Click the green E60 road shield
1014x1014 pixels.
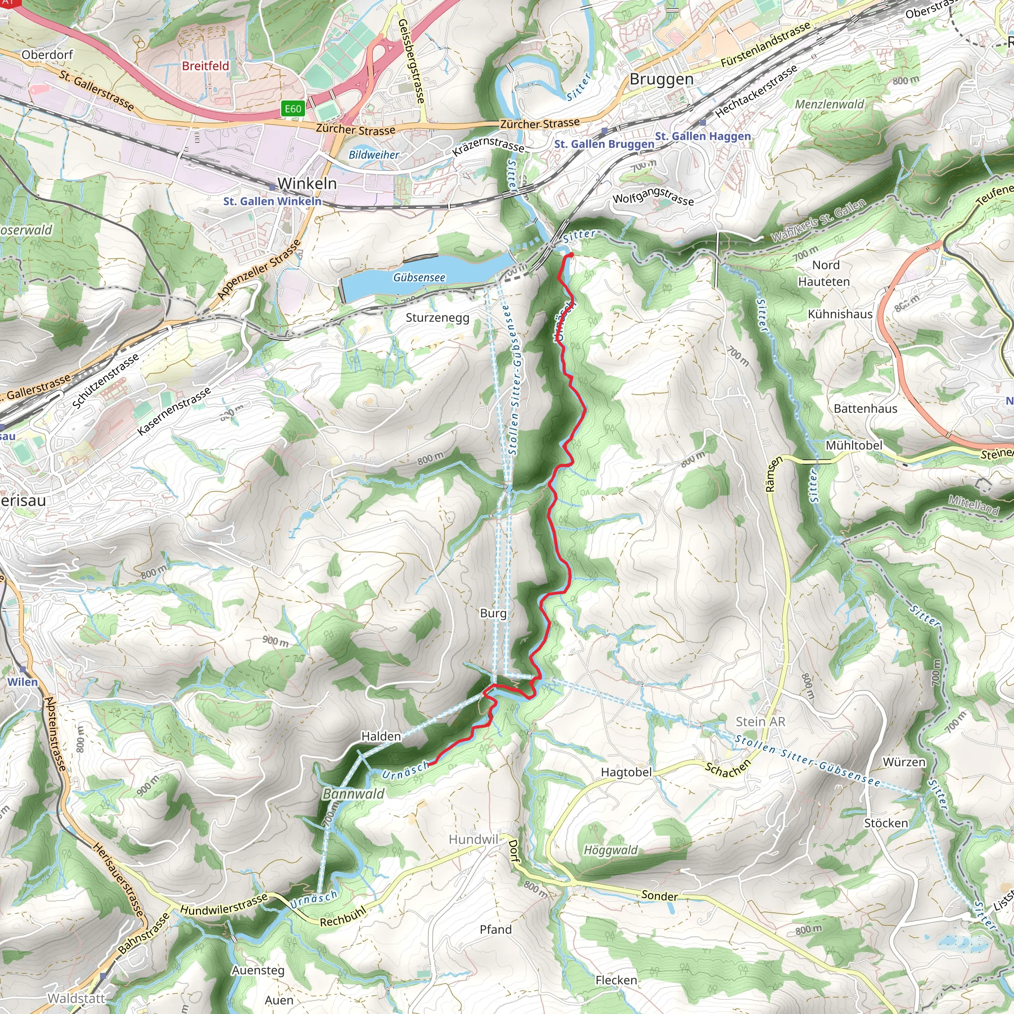(x=293, y=108)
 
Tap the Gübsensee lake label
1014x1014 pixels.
(x=419, y=277)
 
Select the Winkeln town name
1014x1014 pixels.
(x=307, y=184)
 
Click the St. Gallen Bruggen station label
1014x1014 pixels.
(x=604, y=144)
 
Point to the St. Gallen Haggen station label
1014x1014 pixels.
(x=703, y=137)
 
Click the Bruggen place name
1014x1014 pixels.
(x=661, y=79)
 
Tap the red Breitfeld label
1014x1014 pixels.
(x=206, y=66)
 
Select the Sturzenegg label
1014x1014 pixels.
(x=437, y=317)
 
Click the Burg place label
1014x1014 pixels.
(x=493, y=613)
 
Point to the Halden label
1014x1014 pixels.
(x=381, y=736)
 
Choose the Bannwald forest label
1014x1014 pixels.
(x=353, y=794)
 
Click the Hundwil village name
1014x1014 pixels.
(x=473, y=839)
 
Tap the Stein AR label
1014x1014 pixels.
(x=760, y=722)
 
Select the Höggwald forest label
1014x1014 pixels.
(x=611, y=850)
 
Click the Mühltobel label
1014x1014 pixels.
(x=854, y=445)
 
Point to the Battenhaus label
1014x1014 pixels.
(x=865, y=408)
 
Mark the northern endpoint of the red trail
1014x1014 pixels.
(x=570, y=255)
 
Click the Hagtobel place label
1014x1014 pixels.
(x=626, y=772)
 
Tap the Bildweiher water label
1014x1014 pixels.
(x=374, y=155)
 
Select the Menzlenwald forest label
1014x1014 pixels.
(x=829, y=104)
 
